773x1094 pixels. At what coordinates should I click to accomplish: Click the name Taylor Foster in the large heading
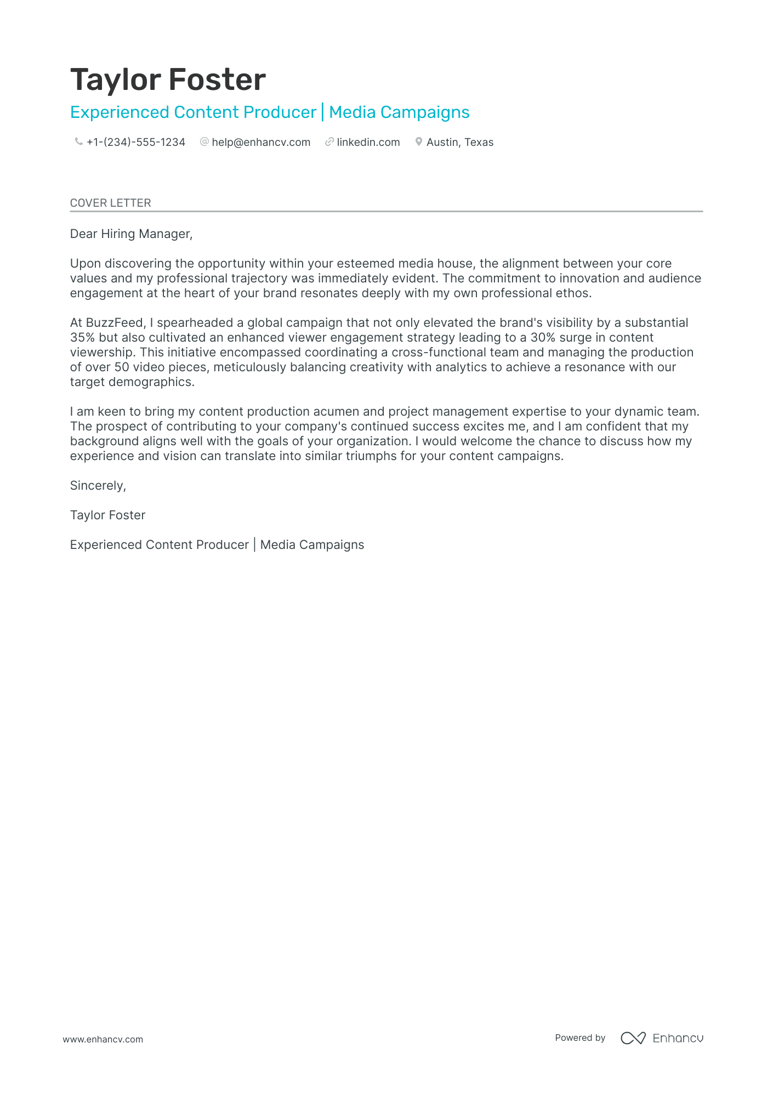(168, 80)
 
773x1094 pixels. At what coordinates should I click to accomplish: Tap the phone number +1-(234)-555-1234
(135, 143)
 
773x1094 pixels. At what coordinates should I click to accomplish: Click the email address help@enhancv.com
(261, 143)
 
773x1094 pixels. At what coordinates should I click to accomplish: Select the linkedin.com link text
(368, 143)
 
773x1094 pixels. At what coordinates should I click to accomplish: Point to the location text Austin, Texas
(459, 143)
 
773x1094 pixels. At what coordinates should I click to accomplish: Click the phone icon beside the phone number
(78, 142)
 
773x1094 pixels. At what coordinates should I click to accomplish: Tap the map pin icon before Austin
(418, 142)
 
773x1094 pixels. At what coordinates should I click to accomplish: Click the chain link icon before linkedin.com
(329, 142)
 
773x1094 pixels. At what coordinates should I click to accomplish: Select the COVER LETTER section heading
(110, 203)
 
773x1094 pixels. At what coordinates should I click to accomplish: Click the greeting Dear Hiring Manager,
(131, 234)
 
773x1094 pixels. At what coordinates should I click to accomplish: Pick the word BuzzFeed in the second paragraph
(115, 323)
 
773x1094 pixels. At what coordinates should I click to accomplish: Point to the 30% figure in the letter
(543, 338)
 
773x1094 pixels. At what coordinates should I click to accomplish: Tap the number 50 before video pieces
(122, 367)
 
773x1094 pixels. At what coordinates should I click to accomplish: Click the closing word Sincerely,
(98, 486)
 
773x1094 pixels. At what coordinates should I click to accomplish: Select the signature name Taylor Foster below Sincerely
(107, 515)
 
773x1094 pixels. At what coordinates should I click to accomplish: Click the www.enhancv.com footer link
(103, 1039)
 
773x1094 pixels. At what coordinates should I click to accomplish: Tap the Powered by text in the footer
(579, 1038)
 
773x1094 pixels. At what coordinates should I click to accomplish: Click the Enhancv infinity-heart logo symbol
(633, 1038)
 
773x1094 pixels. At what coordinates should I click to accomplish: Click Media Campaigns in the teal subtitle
(399, 112)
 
